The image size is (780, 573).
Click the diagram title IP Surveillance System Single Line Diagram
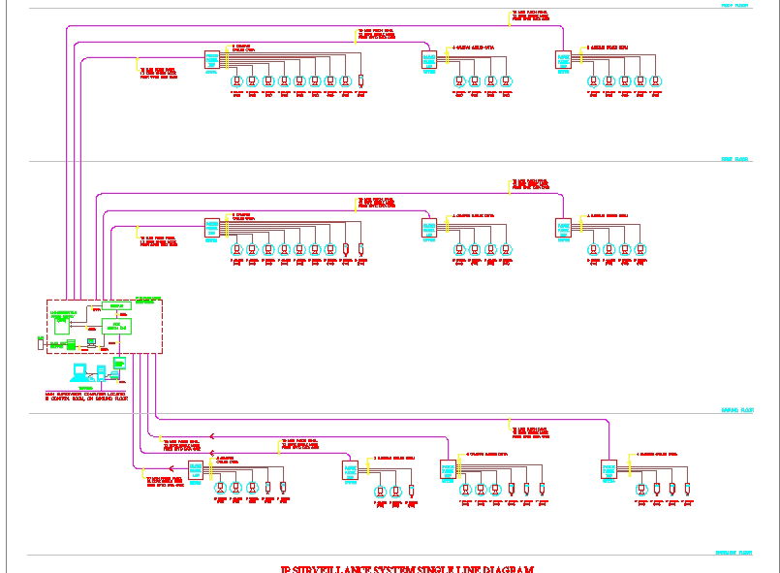pos(406,569)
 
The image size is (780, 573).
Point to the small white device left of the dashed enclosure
pos(40,341)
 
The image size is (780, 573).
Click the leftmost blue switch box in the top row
pos(212,60)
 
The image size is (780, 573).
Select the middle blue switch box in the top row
pos(429,60)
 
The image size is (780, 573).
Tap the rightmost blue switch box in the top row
pos(563,60)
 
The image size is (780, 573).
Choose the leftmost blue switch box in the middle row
pos(212,229)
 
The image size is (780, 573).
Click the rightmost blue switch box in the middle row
pos(563,229)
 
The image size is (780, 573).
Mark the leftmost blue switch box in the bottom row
pos(196,470)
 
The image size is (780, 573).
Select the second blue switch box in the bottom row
pos(351,470)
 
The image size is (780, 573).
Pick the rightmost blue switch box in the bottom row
pos(608,470)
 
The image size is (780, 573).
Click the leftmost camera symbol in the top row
pos(236,82)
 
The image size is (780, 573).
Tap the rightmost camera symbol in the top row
pos(655,82)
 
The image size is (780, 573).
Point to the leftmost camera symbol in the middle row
pos(236,250)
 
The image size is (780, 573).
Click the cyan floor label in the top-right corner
pos(733,5)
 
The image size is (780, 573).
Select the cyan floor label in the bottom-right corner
pos(733,553)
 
